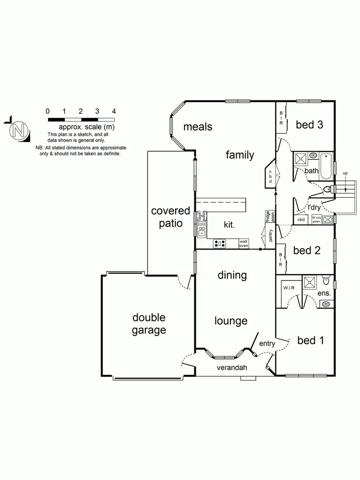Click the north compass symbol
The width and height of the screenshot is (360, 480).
pos(18,130)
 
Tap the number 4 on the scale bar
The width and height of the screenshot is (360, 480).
pos(114,111)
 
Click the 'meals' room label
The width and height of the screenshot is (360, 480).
pos(197,127)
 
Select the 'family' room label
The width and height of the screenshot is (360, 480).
pos(240,155)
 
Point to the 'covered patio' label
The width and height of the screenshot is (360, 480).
pos(170,217)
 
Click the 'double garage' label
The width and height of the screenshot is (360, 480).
pos(149,324)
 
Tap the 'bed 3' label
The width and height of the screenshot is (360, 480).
pos(309,125)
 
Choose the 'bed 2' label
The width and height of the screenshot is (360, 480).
pos(306,250)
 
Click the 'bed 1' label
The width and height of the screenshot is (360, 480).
pos(310,340)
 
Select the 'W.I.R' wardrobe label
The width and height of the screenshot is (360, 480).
pos(288,288)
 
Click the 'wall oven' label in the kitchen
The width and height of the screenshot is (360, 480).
pos(244,244)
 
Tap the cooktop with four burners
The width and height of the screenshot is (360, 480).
pos(220,244)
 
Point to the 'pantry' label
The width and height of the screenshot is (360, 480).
pos(271,236)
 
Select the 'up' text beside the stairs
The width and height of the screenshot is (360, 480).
pos(345,173)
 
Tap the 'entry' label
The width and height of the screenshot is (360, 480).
pos(267,344)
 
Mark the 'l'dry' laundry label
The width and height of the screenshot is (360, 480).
pos(314,207)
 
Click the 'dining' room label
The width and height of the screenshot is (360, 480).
pos(232,276)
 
